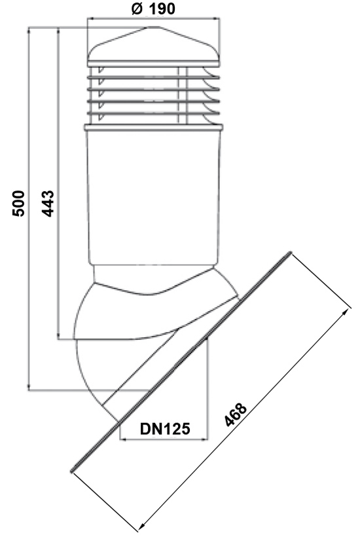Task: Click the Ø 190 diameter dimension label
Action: click(153, 9)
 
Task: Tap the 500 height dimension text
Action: click(19, 204)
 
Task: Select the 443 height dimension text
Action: click(48, 204)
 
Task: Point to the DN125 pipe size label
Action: click(165, 428)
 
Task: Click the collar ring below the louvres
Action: click(153, 128)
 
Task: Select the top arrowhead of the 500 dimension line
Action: click(29, 31)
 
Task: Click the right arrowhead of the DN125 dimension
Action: click(204, 439)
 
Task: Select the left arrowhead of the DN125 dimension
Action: click(125, 439)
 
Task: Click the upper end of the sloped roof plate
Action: click(291, 253)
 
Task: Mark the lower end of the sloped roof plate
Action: click(72, 471)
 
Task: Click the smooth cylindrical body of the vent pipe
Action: click(153, 196)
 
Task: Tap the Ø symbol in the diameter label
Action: click(137, 9)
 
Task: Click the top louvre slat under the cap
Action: click(153, 77)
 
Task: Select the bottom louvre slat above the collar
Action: click(153, 113)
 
